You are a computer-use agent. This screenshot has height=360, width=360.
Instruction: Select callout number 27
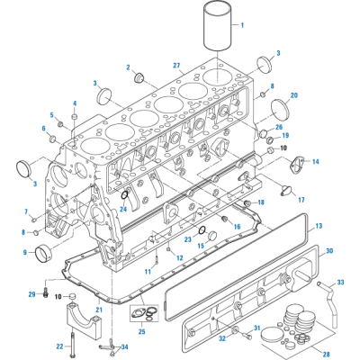[x=177, y=65]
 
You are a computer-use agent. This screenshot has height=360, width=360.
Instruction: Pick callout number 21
[x=99, y=310]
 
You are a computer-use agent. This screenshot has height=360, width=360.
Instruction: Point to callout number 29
[x=31, y=293]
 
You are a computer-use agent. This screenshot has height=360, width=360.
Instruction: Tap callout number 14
[x=315, y=162]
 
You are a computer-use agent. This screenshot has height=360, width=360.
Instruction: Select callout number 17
[x=301, y=200]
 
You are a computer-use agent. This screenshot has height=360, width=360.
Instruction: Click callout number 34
[x=123, y=347]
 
